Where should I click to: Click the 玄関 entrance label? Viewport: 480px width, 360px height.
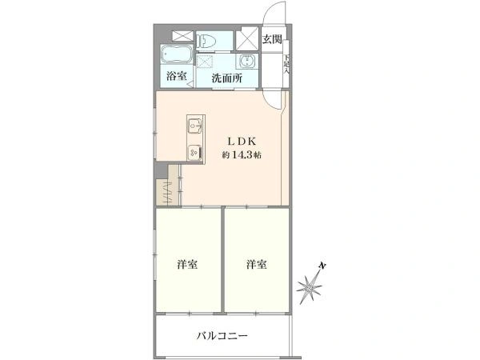tap(272, 39)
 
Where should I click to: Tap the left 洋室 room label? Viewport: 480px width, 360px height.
tap(188, 264)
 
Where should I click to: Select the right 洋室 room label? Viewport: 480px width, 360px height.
tap(257, 264)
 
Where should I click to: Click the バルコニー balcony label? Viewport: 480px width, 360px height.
tap(222, 336)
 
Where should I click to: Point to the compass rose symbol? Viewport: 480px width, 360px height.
tap(310, 287)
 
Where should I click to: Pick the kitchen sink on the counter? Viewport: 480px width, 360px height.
tap(194, 126)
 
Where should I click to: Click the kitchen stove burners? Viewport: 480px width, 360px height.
tap(194, 150)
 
